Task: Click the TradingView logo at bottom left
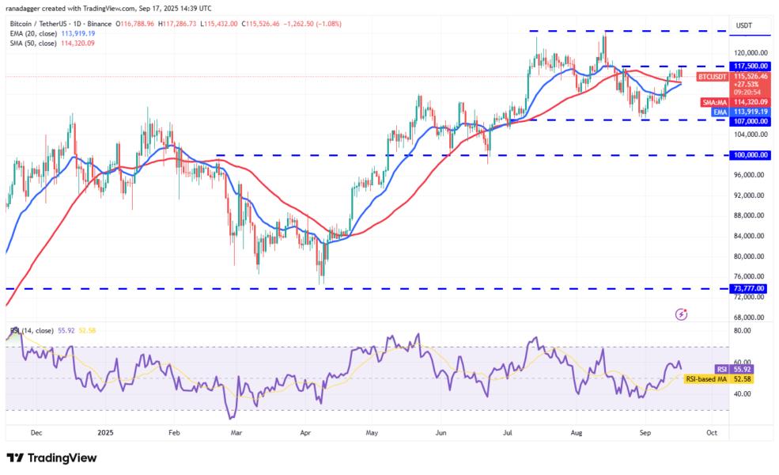51,458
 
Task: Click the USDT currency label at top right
744,26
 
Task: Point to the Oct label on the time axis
712,433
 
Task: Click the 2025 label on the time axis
107,433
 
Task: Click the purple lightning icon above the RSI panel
682,314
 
